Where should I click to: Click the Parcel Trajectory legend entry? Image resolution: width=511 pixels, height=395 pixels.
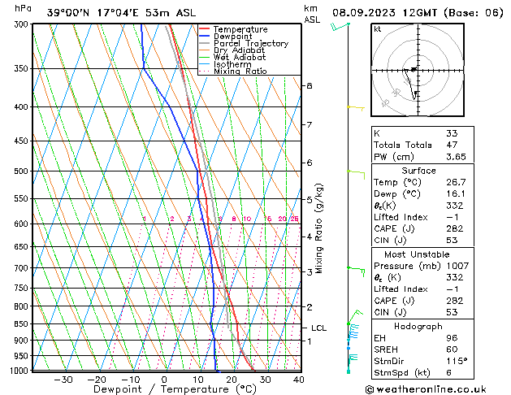point(250,44)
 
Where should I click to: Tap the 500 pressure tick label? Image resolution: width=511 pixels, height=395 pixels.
point(22,171)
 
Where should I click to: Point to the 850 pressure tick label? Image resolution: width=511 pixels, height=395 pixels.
point(22,324)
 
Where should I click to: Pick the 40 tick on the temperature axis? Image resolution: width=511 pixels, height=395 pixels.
point(299,380)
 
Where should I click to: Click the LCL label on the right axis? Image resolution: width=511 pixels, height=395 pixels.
point(318,328)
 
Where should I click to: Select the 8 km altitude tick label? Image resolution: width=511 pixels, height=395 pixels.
point(309,85)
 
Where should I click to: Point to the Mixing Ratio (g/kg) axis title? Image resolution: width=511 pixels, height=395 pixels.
point(320,228)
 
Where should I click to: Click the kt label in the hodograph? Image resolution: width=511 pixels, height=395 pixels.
point(377,29)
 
